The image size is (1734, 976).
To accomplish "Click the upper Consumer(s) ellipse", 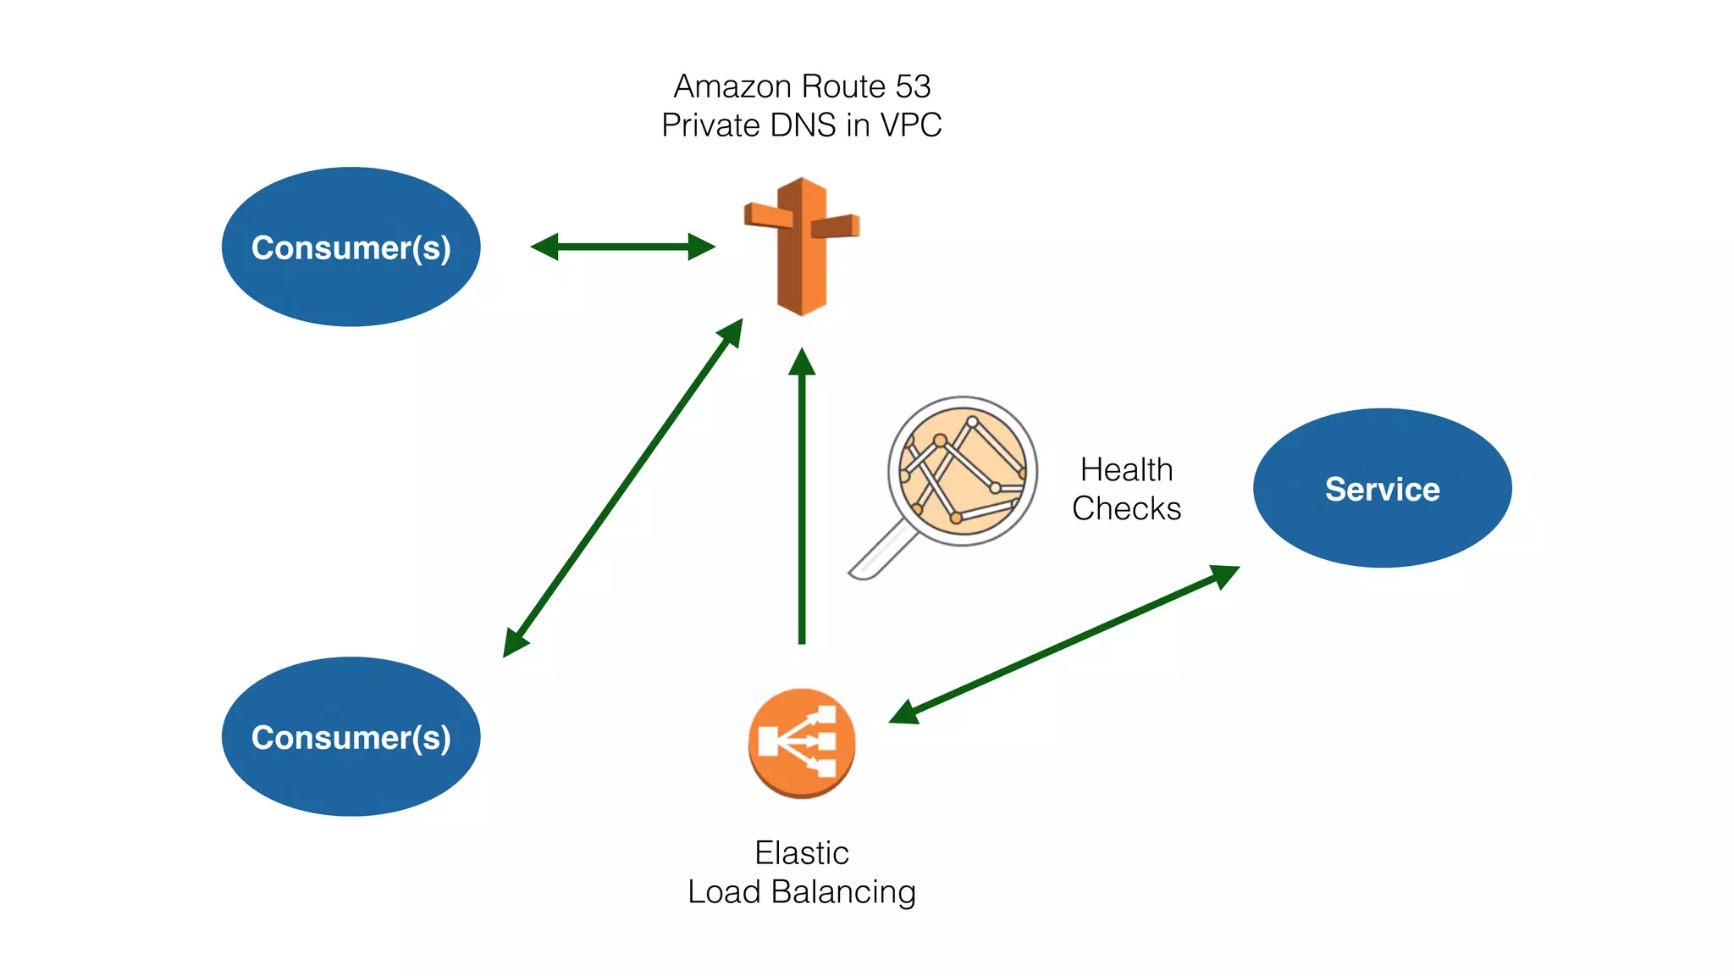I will (351, 247).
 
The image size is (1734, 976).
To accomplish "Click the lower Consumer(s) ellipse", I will (351, 736).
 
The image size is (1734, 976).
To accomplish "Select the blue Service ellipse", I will (1382, 488).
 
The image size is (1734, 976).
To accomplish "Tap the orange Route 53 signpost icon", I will (801, 246).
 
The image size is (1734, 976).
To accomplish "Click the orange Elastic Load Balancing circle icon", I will (801, 743).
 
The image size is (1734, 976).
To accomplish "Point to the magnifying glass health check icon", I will (963, 471).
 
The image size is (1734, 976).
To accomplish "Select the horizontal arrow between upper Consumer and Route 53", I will (623, 247).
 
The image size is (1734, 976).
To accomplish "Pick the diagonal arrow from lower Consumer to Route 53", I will (622, 488).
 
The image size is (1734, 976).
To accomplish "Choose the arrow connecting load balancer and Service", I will (1063, 645).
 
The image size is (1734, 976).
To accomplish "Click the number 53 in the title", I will (913, 86).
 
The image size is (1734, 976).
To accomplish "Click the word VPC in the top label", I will (911, 125).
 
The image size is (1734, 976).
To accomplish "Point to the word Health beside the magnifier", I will (1126, 469).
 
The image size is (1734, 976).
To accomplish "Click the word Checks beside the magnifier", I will (1126, 508).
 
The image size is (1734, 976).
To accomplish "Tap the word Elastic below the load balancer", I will (801, 852).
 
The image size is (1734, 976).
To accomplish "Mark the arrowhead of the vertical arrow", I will (802, 361).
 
